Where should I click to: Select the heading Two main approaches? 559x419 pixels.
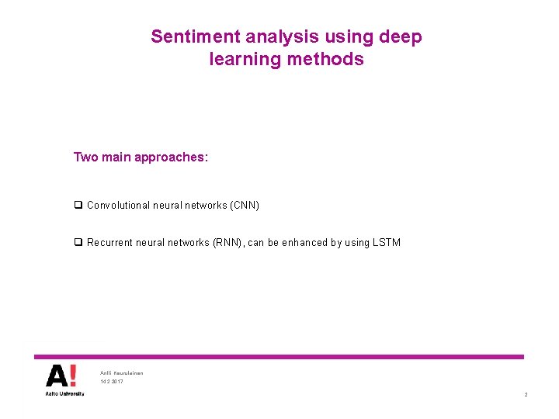pyautogui.click(x=141, y=158)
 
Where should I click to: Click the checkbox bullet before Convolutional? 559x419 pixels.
pyautogui.click(x=78, y=206)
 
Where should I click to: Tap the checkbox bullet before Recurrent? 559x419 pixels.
pyautogui.click(x=78, y=243)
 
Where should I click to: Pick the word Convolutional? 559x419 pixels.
pyautogui.click(x=120, y=206)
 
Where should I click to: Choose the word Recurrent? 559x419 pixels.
pyautogui.click(x=111, y=243)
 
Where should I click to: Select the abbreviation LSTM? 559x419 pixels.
pyautogui.click(x=386, y=243)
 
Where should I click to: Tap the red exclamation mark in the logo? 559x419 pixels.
pyautogui.click(x=73, y=376)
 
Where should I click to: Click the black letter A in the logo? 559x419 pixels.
pyautogui.click(x=57, y=376)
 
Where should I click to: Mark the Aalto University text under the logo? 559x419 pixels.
pyautogui.click(x=64, y=393)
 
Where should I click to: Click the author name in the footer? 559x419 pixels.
pyautogui.click(x=122, y=373)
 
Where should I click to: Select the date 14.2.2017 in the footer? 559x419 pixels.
pyautogui.click(x=112, y=382)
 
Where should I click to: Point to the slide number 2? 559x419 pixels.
pyautogui.click(x=526, y=395)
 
